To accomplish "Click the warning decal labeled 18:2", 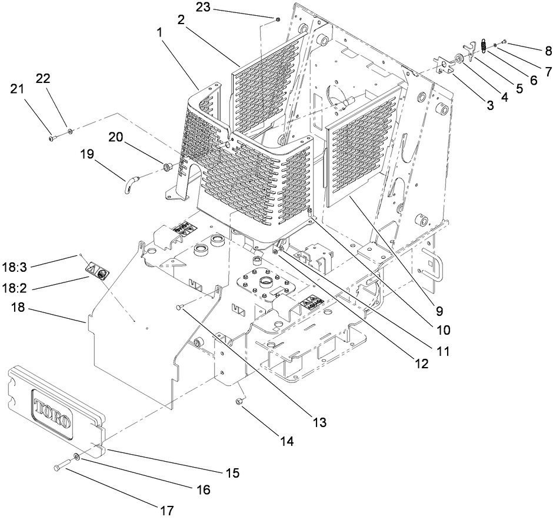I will coord(98,271).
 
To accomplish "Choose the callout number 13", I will coord(318,421).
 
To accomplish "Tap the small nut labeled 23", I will coord(276,19).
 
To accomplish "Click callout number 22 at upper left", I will coord(44,79).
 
